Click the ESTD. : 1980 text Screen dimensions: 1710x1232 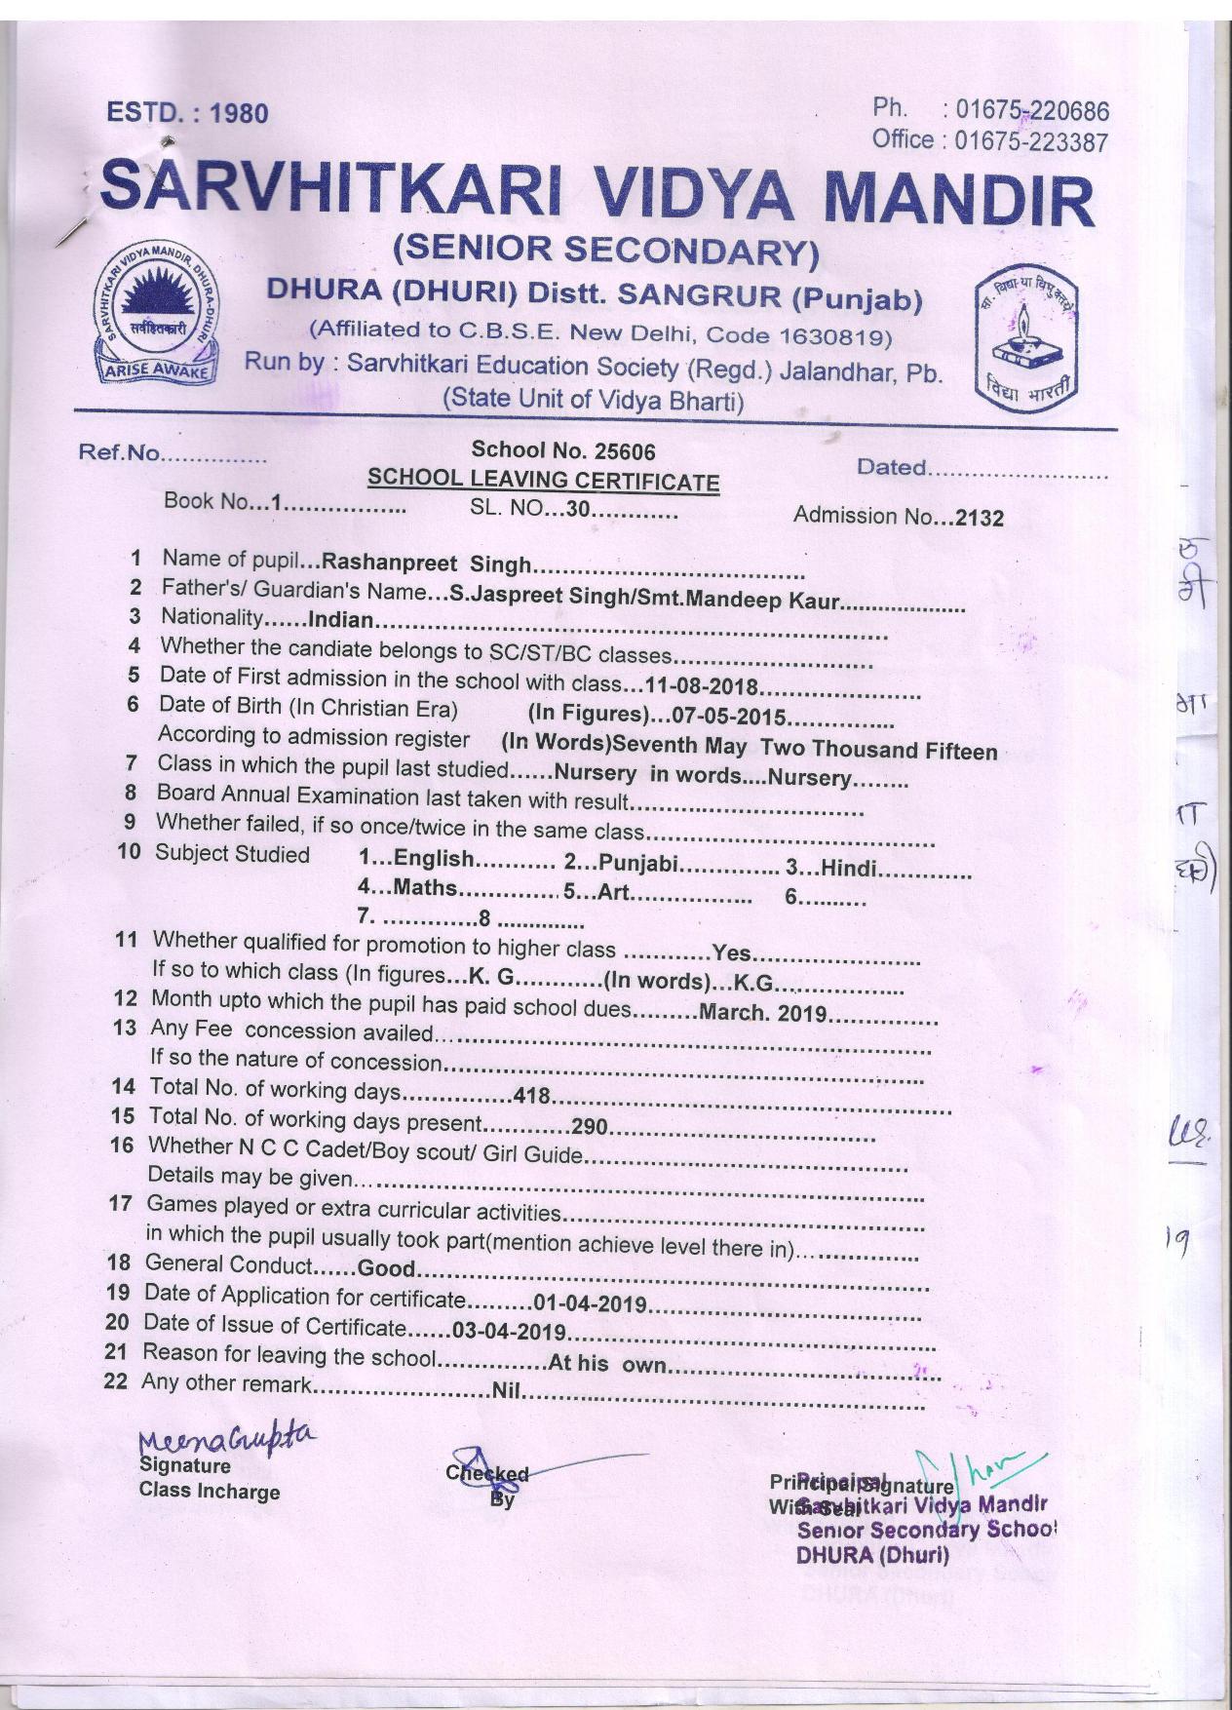pos(187,113)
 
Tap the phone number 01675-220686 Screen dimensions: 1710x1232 pos(1031,111)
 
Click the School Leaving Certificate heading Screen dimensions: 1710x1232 pos(543,481)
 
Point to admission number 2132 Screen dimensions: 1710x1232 pos(979,518)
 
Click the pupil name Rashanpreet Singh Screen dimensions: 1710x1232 pos(426,564)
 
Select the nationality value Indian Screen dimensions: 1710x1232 pos(340,620)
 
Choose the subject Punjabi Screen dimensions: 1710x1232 pos(638,863)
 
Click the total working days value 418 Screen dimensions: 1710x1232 pos(532,1097)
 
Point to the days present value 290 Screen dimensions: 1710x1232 pos(590,1128)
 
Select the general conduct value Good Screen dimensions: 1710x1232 pos(387,1269)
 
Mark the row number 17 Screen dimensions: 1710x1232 pos(120,1204)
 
